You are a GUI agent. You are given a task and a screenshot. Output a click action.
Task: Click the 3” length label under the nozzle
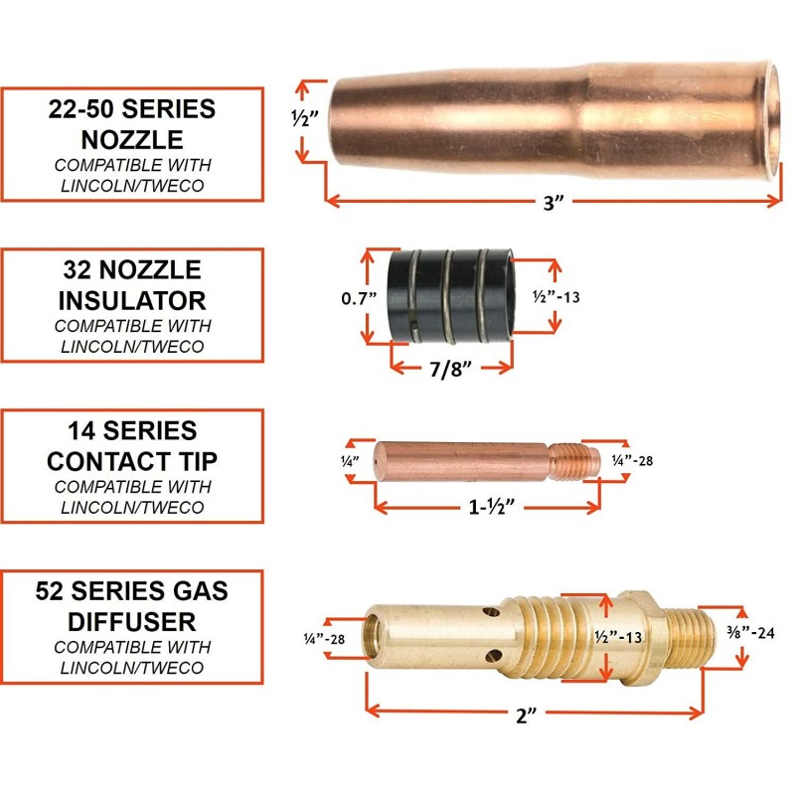coord(554,203)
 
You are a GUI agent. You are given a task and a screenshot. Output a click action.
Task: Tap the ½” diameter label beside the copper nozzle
coord(305,118)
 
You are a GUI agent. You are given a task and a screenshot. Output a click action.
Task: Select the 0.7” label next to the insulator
coord(359,298)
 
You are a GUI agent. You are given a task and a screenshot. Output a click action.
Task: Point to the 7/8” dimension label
coord(451,369)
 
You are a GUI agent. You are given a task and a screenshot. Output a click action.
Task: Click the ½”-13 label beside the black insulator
coord(556,296)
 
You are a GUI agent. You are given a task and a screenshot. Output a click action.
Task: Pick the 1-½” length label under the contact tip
coord(491,507)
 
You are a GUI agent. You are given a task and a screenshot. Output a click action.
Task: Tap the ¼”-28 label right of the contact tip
coord(632,460)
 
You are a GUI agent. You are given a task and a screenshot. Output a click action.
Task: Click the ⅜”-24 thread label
coord(751,632)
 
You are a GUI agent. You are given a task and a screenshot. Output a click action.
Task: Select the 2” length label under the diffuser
coord(526,715)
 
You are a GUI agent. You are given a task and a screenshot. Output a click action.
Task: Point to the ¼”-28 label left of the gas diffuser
coord(324,639)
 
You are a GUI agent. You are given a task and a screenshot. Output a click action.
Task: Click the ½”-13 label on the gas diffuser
coord(618,636)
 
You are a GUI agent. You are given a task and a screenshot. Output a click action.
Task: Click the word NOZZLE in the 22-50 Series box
coord(132,139)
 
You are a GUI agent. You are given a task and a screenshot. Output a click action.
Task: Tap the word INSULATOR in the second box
coord(132,300)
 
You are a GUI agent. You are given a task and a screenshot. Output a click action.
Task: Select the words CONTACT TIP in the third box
coord(132,461)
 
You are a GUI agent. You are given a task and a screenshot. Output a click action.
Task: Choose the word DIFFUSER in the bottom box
coord(132,622)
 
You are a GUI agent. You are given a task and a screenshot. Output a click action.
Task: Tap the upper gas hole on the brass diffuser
coord(491,613)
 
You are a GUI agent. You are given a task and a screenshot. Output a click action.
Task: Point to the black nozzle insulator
coord(451,295)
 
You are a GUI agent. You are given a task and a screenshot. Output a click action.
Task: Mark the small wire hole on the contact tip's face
coord(377,462)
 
